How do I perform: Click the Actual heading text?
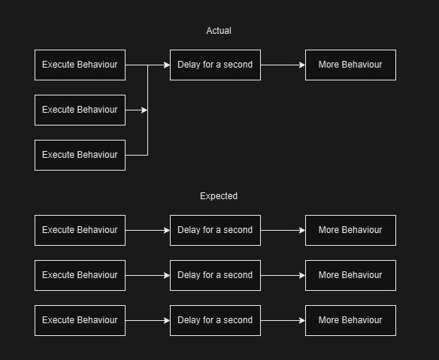219,31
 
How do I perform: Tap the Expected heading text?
219,196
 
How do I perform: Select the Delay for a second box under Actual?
215,65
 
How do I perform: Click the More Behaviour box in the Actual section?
350,65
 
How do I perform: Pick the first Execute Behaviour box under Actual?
80,65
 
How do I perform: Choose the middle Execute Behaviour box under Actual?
80,110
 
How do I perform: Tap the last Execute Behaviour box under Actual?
80,155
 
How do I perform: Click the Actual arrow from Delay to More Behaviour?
283,65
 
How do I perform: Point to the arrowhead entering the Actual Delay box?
166,65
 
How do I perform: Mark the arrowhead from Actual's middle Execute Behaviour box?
144,110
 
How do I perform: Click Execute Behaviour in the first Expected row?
80,230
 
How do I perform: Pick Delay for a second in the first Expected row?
215,230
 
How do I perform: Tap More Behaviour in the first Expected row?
350,230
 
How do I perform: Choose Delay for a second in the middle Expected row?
215,275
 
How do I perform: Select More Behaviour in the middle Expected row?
350,275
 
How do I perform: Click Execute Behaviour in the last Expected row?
80,320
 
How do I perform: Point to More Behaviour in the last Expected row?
350,320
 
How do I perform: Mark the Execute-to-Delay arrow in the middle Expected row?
147,275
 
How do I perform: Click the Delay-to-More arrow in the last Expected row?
283,320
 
